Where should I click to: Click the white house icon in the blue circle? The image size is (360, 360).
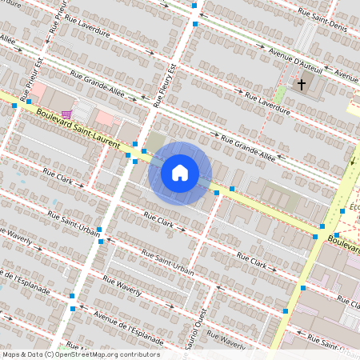pos(180,173)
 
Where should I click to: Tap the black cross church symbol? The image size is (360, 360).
pos(302,83)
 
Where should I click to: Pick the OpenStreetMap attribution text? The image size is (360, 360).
pos(81,354)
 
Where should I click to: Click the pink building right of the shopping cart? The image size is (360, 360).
pos(104,119)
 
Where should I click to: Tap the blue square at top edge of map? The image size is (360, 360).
pos(194,6)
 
